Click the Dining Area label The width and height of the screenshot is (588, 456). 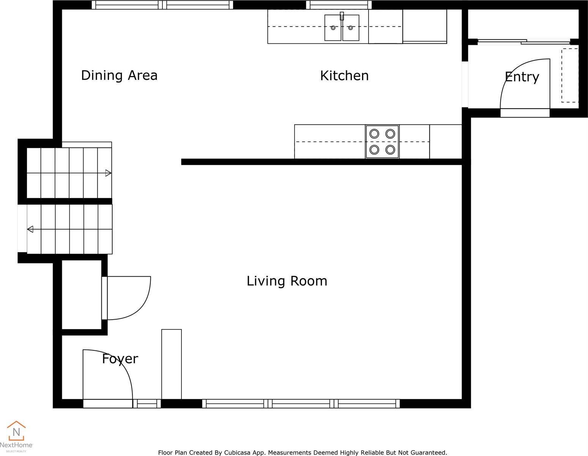point(119,76)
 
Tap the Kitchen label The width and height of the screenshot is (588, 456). point(344,76)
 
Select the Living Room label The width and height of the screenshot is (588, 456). point(287,281)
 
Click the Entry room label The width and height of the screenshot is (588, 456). point(522,77)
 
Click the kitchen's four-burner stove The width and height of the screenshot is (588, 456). point(382,142)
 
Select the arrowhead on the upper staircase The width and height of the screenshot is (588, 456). point(108,173)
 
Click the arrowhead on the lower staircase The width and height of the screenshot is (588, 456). point(30,230)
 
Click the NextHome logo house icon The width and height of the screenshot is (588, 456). point(16,431)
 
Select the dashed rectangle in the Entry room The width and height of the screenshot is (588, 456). point(570,75)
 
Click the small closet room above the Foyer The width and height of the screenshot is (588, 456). point(82,295)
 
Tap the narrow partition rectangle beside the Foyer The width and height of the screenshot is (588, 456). point(172,364)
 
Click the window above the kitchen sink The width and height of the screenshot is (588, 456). point(339,5)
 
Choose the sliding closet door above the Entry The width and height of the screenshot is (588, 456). point(524,42)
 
